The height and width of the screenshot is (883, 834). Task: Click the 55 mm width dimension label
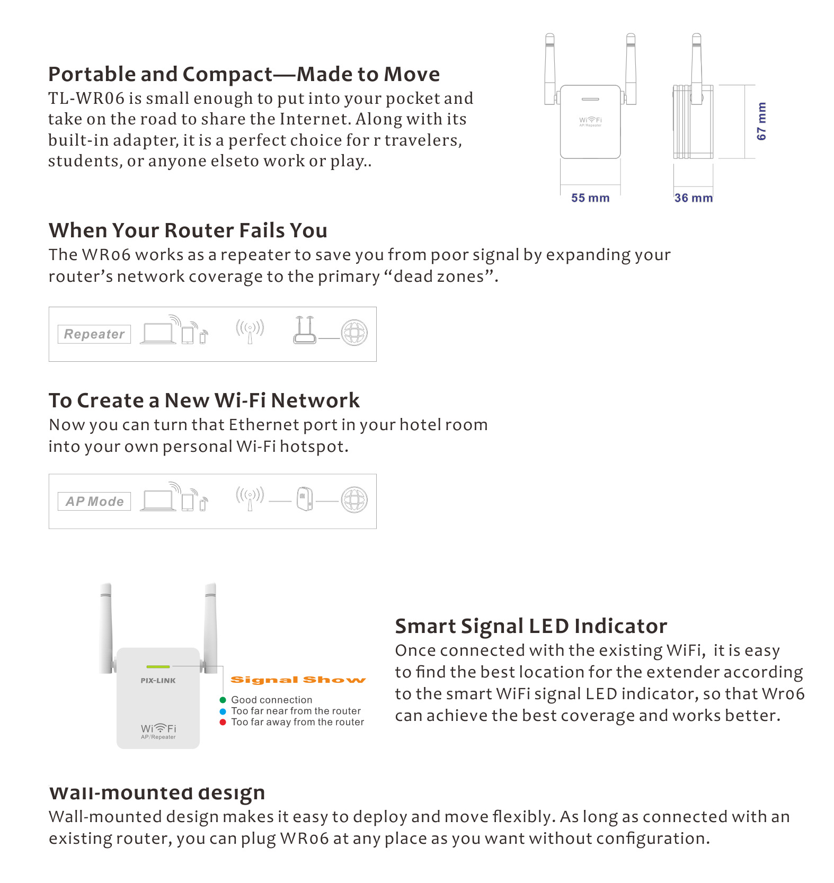pos(590,198)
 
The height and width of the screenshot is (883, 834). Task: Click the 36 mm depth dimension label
pos(693,198)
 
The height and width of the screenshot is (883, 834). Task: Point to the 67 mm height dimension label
pos(761,121)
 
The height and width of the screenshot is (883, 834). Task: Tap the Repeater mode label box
pos(94,334)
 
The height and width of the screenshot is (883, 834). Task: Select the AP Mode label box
pos(94,501)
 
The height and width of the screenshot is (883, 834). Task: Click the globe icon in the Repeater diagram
pos(354,333)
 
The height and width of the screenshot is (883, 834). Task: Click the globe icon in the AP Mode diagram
pos(354,500)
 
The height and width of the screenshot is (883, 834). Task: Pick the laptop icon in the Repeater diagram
pos(158,334)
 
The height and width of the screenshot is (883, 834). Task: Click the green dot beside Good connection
pos(223,700)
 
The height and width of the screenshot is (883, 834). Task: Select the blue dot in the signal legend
pos(223,711)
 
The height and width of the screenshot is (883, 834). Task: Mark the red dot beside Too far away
pos(223,722)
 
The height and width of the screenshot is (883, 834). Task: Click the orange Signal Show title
pos(298,680)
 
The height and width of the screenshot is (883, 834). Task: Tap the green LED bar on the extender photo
pos(158,666)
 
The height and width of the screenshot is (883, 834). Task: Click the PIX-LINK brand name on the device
pos(158,681)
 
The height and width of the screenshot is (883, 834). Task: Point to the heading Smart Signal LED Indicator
pos(531,626)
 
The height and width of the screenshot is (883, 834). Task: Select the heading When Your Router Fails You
pos(188,230)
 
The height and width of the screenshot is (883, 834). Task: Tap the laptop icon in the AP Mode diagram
pos(158,501)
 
